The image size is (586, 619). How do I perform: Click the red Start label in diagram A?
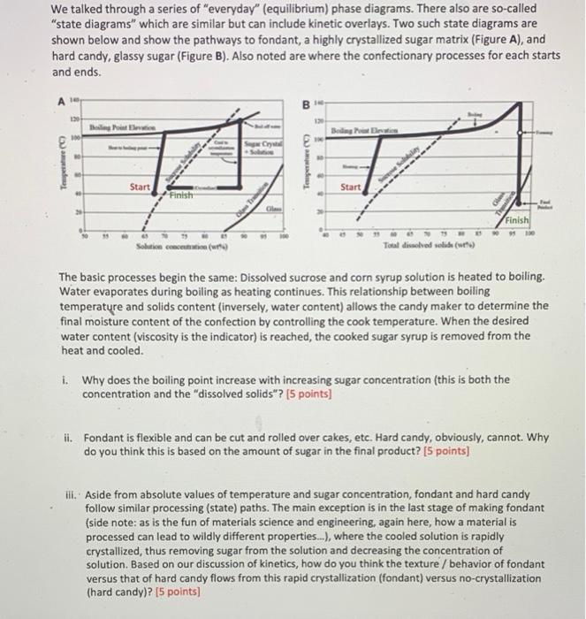point(139,187)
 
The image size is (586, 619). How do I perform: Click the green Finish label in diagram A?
point(182,195)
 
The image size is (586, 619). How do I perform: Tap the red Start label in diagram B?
point(350,187)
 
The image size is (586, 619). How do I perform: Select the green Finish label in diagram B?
point(517,219)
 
